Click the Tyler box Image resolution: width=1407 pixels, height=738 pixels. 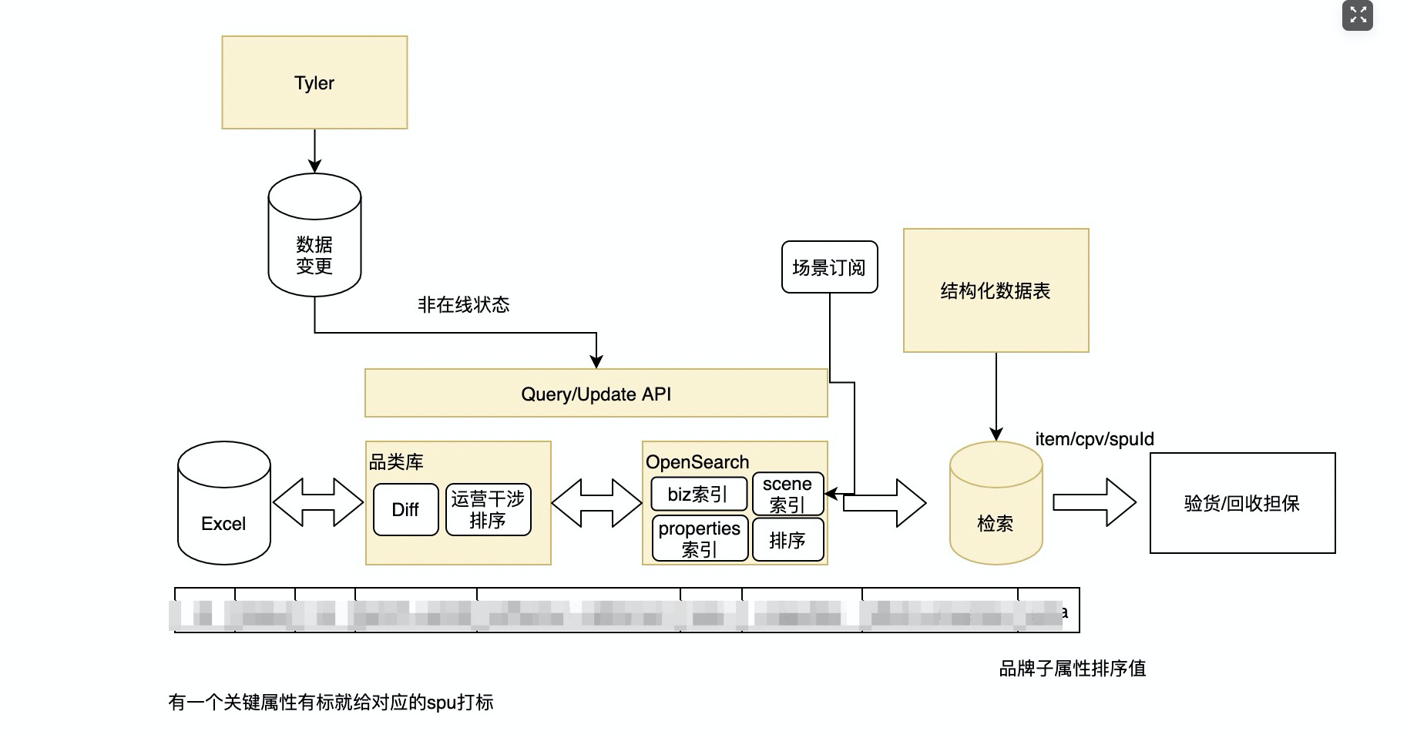pyautogui.click(x=314, y=82)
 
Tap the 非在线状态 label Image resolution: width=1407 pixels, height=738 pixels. pyautogui.click(x=463, y=305)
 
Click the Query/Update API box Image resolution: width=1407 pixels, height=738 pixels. pyautogui.click(x=596, y=394)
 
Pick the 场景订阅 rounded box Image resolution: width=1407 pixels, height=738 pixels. pyautogui.click(x=829, y=267)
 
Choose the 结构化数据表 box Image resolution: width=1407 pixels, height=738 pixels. pyautogui.click(x=996, y=290)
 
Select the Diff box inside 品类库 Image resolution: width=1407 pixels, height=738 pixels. pyautogui.click(x=405, y=509)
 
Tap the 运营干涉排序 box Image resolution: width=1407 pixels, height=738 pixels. pyautogui.click(x=488, y=509)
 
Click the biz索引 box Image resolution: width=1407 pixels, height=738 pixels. pyautogui.click(x=698, y=494)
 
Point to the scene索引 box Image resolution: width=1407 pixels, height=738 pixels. pyautogui.click(x=787, y=494)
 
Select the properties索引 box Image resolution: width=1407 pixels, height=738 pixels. pyautogui.click(x=700, y=538)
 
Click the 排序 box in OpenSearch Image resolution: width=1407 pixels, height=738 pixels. pyautogui.click(x=787, y=540)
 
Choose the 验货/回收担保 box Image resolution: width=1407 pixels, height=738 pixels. pyautogui.click(x=1242, y=503)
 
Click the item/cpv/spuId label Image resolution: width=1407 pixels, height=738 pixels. pyautogui.click(x=1094, y=439)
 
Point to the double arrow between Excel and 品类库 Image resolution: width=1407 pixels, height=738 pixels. pyautogui.click(x=317, y=502)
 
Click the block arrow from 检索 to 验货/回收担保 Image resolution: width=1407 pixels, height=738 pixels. pyautogui.click(x=1094, y=502)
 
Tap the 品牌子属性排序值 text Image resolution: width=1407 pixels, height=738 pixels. pyautogui.click(x=1073, y=669)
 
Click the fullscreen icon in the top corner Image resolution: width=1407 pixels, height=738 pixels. pyautogui.click(x=1358, y=15)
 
